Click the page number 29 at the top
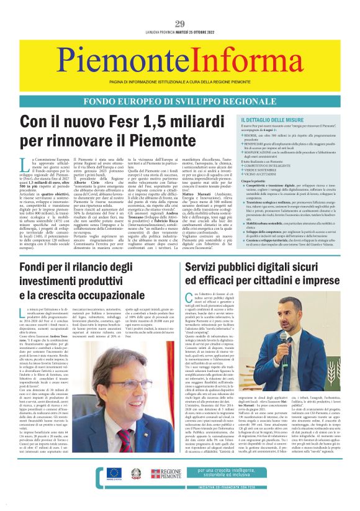pos(180,24)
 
